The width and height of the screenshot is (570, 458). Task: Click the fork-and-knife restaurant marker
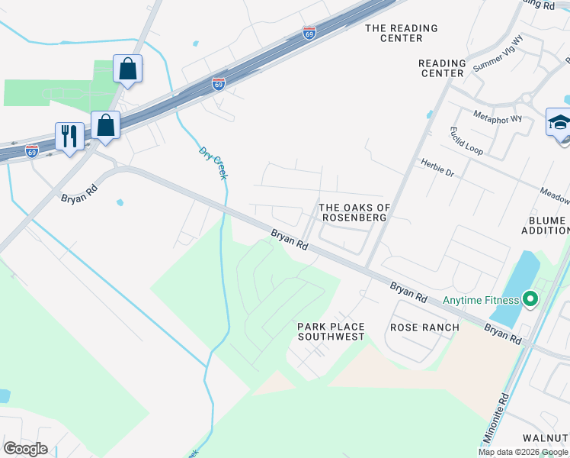(69, 137)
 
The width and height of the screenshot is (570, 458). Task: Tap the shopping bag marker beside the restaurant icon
(106, 125)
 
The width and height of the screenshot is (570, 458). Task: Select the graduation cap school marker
(559, 122)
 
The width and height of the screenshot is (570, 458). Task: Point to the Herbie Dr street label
(437, 168)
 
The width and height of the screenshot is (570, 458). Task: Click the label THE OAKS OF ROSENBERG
(354, 212)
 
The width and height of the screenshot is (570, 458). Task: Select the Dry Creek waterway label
(213, 163)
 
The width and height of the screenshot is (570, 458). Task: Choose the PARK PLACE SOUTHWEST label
(331, 331)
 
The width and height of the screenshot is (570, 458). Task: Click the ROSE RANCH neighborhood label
(424, 327)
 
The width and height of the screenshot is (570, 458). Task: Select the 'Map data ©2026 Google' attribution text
(523, 452)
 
